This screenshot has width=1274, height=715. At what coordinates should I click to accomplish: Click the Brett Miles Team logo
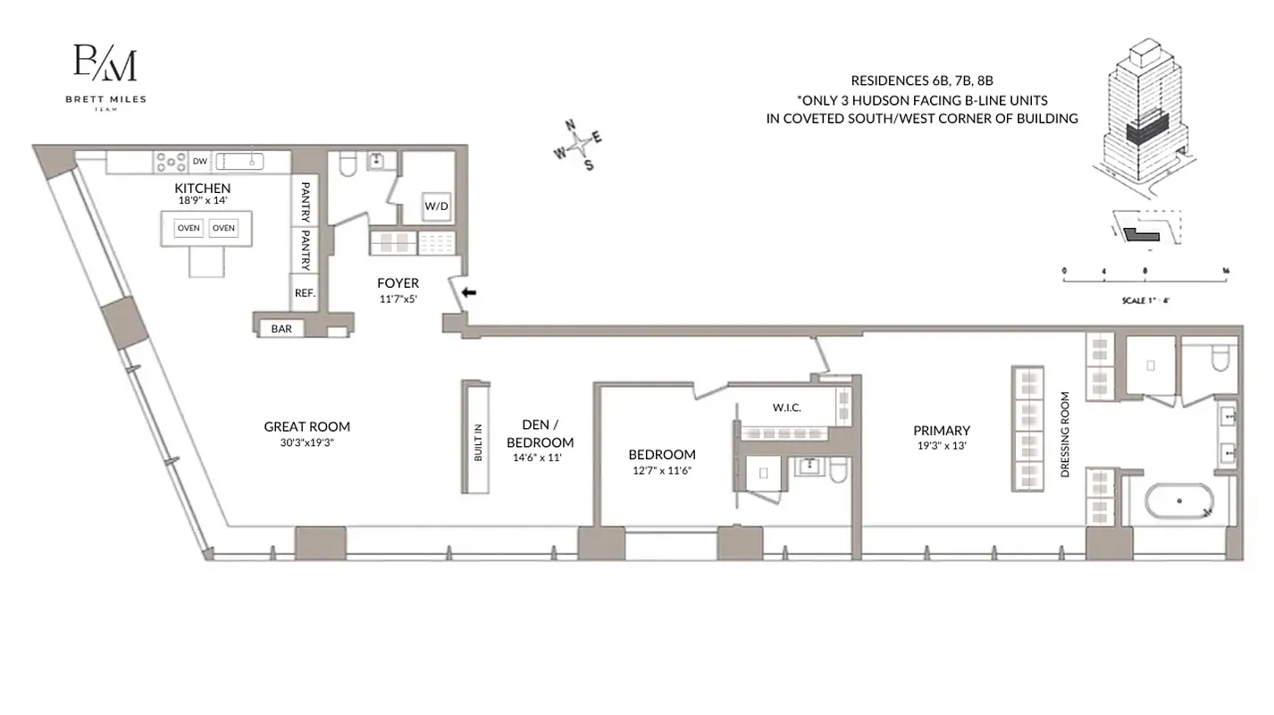105,75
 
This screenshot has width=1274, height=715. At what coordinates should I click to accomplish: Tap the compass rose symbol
579,144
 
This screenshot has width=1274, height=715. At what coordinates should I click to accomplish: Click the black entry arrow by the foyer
468,292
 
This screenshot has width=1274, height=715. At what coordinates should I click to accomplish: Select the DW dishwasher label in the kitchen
200,162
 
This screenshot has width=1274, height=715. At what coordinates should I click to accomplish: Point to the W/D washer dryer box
436,206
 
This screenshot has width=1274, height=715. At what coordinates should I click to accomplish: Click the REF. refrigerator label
305,292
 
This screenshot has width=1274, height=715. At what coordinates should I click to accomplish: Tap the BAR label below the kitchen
281,329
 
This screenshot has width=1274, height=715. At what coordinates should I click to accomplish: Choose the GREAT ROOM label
306,426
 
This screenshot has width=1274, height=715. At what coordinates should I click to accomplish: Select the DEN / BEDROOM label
540,433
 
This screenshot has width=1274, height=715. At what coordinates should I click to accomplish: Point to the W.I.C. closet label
786,408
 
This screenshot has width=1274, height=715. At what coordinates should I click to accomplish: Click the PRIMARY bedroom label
941,430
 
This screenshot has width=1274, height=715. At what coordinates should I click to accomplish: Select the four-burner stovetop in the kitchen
171,162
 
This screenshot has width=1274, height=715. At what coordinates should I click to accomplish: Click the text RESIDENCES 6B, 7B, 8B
922,80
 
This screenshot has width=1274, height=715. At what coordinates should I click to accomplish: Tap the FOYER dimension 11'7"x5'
398,299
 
